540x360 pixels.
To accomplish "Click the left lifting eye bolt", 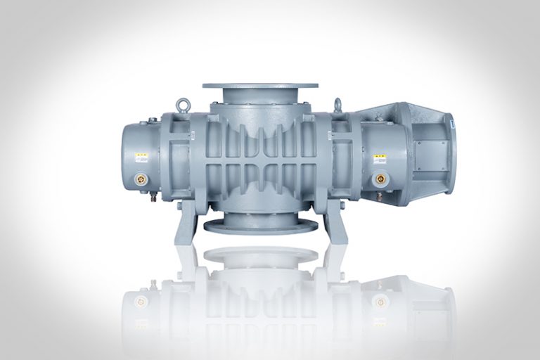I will [x=184, y=103].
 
